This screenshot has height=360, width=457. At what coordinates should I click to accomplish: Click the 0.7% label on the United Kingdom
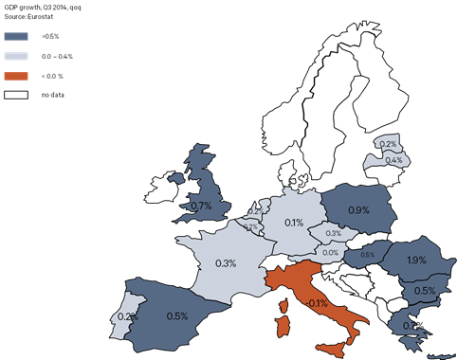pos(200,206)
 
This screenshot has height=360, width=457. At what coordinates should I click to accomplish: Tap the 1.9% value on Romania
pos(415,261)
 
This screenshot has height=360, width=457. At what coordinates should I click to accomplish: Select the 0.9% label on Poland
pos(359,209)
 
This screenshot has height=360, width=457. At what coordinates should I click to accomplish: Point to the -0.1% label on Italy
pos(317,303)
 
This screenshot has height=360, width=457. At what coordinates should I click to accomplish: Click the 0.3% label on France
pos(226,262)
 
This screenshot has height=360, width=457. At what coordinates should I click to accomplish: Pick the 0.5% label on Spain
pos(177,316)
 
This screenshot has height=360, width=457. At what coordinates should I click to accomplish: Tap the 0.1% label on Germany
pos(293,224)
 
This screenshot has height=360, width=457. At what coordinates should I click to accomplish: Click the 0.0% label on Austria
pos(331,252)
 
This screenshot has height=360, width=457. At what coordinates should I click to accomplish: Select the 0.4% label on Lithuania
pos(393,160)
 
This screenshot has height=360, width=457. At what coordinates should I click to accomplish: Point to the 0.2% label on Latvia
pos(388,144)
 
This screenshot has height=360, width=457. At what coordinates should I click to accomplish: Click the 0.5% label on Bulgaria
pos(425,291)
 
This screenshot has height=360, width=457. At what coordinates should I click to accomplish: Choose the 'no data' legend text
pos(50,95)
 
